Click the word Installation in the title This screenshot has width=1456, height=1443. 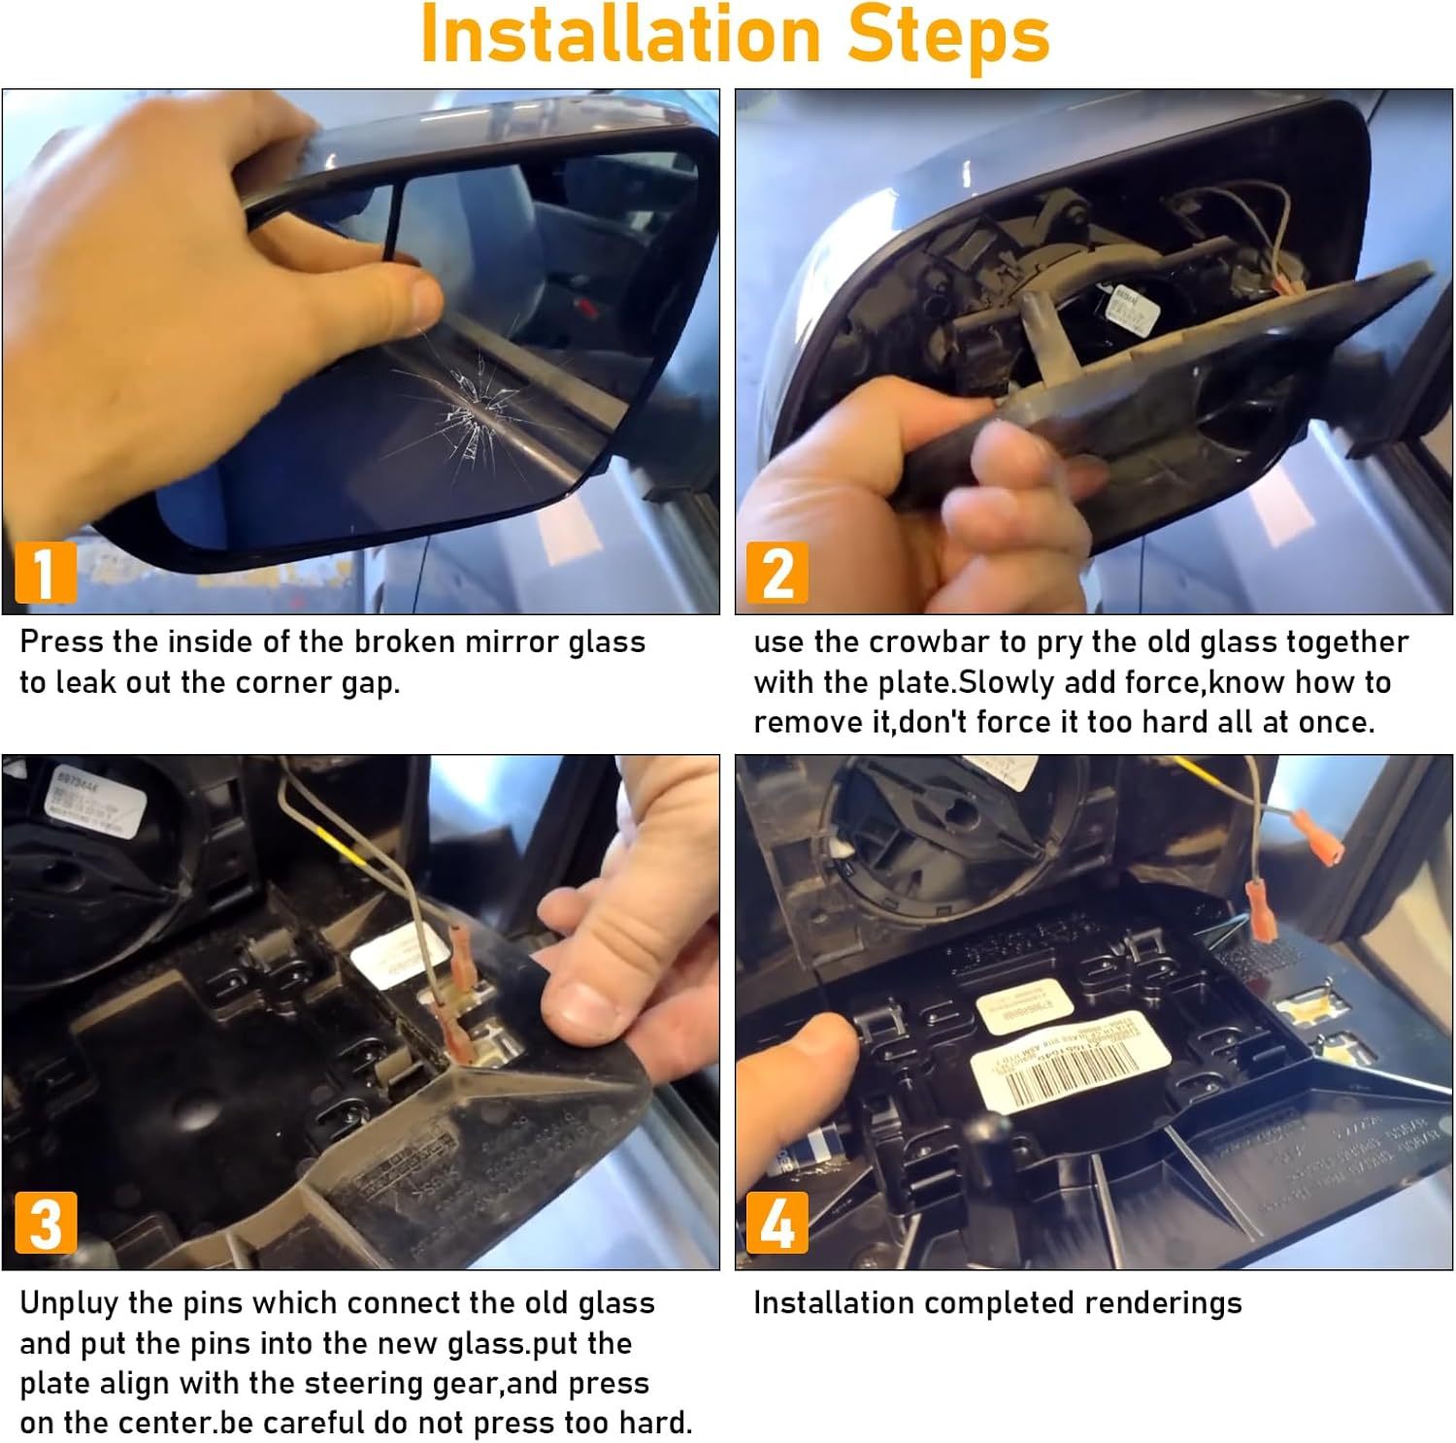coord(621,35)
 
